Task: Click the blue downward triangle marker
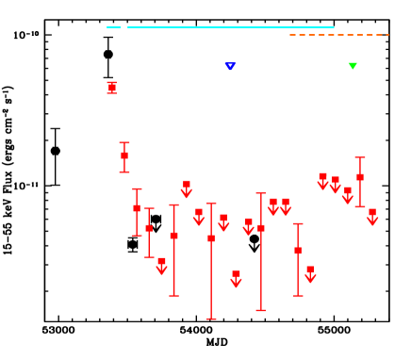(x=230, y=66)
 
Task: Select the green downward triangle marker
(x=353, y=66)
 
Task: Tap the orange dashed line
(x=339, y=35)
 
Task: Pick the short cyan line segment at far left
(x=113, y=27)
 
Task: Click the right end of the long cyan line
(x=334, y=27)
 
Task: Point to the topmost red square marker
(x=112, y=87)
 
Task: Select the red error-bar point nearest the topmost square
(x=124, y=155)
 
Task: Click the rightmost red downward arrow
(x=372, y=218)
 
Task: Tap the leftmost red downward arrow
(x=161, y=267)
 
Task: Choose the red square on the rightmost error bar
(x=360, y=177)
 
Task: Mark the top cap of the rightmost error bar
(x=360, y=157)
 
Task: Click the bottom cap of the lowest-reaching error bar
(x=211, y=319)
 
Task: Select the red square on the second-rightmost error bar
(x=298, y=251)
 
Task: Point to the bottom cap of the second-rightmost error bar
(x=298, y=296)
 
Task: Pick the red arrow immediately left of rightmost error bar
(x=348, y=196)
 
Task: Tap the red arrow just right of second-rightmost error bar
(x=310, y=274)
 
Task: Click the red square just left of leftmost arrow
(x=149, y=228)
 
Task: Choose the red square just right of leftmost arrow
(x=173, y=236)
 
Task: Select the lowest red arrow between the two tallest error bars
(x=236, y=279)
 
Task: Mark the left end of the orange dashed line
(x=290, y=35)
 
